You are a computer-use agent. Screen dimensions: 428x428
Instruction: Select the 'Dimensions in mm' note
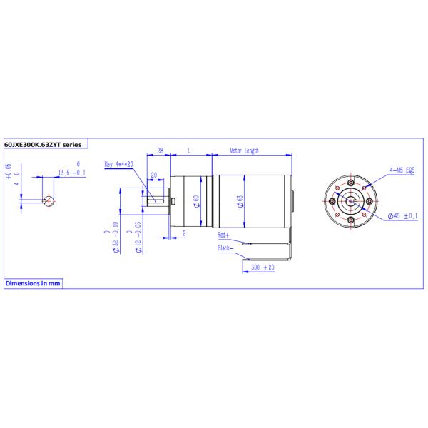pyautogui.click(x=33, y=283)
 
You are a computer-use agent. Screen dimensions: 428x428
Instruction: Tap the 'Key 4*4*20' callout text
pyautogui.click(x=119, y=163)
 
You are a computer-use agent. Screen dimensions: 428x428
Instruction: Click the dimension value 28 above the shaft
pyautogui.click(x=160, y=151)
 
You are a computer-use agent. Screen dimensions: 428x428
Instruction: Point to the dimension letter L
pyautogui.click(x=188, y=151)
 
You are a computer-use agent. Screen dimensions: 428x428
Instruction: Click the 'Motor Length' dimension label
pyautogui.click(x=245, y=151)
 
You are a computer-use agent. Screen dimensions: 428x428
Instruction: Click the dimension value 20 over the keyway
pyautogui.click(x=153, y=175)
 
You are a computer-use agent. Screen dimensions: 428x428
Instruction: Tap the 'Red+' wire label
pyautogui.click(x=223, y=234)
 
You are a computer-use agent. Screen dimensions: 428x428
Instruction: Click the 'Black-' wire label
pyautogui.click(x=227, y=248)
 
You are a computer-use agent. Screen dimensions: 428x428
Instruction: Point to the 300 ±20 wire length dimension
pyautogui.click(x=263, y=267)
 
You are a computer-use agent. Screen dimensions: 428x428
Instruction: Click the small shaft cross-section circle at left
pyautogui.click(x=49, y=200)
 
